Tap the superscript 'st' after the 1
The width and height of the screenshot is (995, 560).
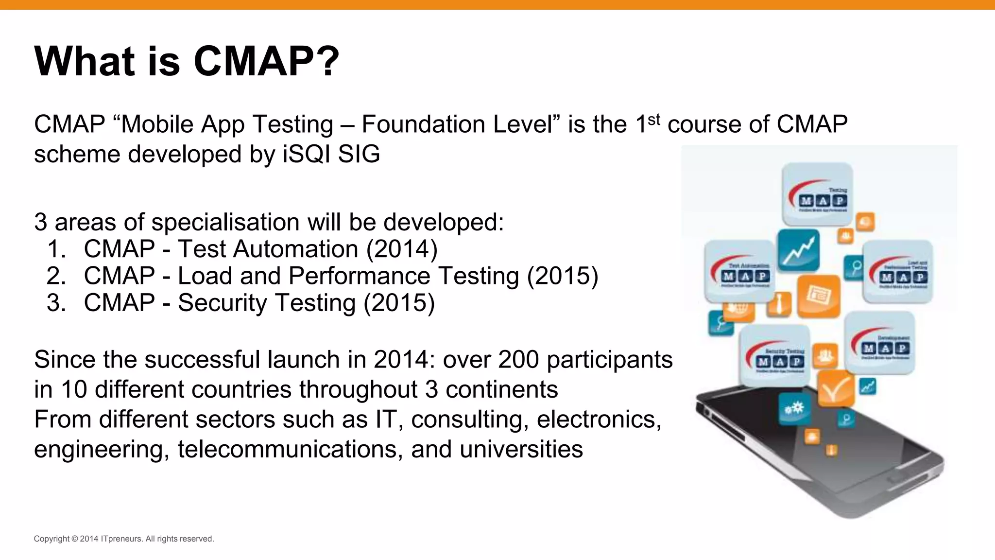654,119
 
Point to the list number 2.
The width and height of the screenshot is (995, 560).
56,276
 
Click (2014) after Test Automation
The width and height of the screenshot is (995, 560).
402,249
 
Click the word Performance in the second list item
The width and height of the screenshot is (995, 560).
359,276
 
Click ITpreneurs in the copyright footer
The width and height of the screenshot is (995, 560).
121,539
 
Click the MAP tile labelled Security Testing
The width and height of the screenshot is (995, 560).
775,356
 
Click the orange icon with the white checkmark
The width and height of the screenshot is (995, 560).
836,388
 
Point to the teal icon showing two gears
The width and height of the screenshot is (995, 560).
794,408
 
